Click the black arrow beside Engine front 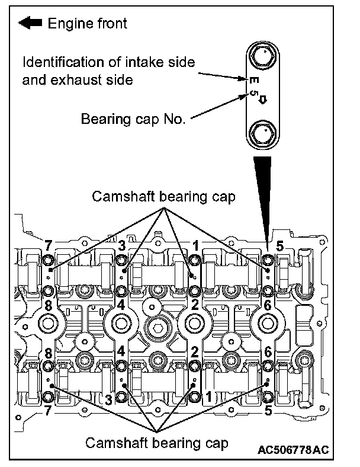tap(30, 24)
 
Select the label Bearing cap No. tap(133, 119)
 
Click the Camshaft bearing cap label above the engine tap(163, 197)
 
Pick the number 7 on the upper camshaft tap(49, 245)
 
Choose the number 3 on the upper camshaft tap(121, 245)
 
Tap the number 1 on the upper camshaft tap(195, 245)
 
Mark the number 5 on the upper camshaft tap(279, 245)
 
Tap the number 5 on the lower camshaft tap(270, 410)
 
